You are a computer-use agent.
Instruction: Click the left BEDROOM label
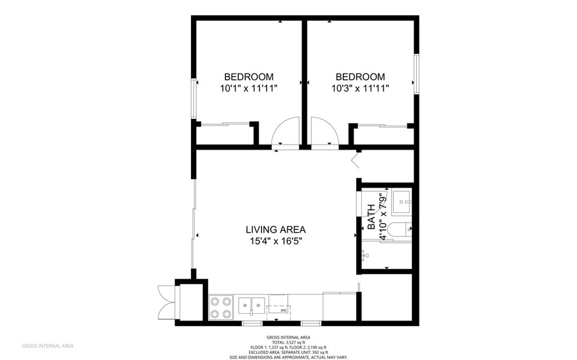pos(248,77)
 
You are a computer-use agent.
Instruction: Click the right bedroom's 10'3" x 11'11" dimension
pos(360,88)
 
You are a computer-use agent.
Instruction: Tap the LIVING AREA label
pos(276,229)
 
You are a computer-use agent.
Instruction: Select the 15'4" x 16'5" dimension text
pos(276,241)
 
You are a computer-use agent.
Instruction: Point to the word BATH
pos(371,217)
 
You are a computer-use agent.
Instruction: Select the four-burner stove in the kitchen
pos(221,308)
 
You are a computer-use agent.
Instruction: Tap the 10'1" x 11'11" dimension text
pos(248,88)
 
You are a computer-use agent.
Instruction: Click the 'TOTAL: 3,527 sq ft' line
pos(288,342)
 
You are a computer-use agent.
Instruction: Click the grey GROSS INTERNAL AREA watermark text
pos(47,346)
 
